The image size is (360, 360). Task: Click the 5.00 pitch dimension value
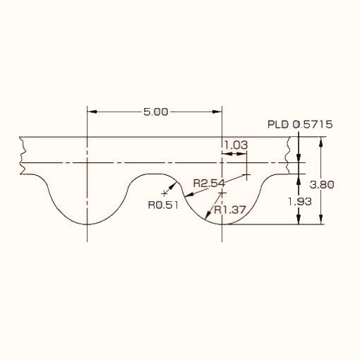pos(156,112)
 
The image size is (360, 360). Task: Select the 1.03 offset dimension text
pos(236,145)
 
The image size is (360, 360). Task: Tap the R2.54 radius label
pos(209,183)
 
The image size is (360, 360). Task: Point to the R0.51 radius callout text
pos(163,205)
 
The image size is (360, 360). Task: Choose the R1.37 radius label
pos(230,210)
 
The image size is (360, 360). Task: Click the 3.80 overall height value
pos(322,185)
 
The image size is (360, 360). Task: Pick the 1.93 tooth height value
pos(300,202)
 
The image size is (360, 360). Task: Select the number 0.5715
pos(313,124)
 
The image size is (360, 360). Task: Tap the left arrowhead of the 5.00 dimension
pos(92,112)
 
